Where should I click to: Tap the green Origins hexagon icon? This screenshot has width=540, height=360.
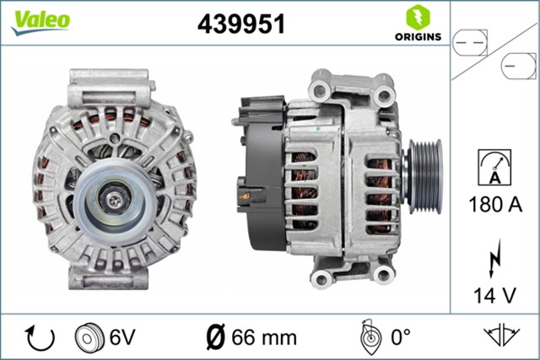(x=415, y=16)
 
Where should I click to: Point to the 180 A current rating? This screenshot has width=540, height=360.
(x=495, y=205)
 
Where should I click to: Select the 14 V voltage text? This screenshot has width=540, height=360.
(x=495, y=295)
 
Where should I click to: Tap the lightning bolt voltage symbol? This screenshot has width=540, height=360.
(x=495, y=258)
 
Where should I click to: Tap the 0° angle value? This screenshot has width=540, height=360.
(x=399, y=337)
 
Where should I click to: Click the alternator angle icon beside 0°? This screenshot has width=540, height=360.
(x=368, y=337)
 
